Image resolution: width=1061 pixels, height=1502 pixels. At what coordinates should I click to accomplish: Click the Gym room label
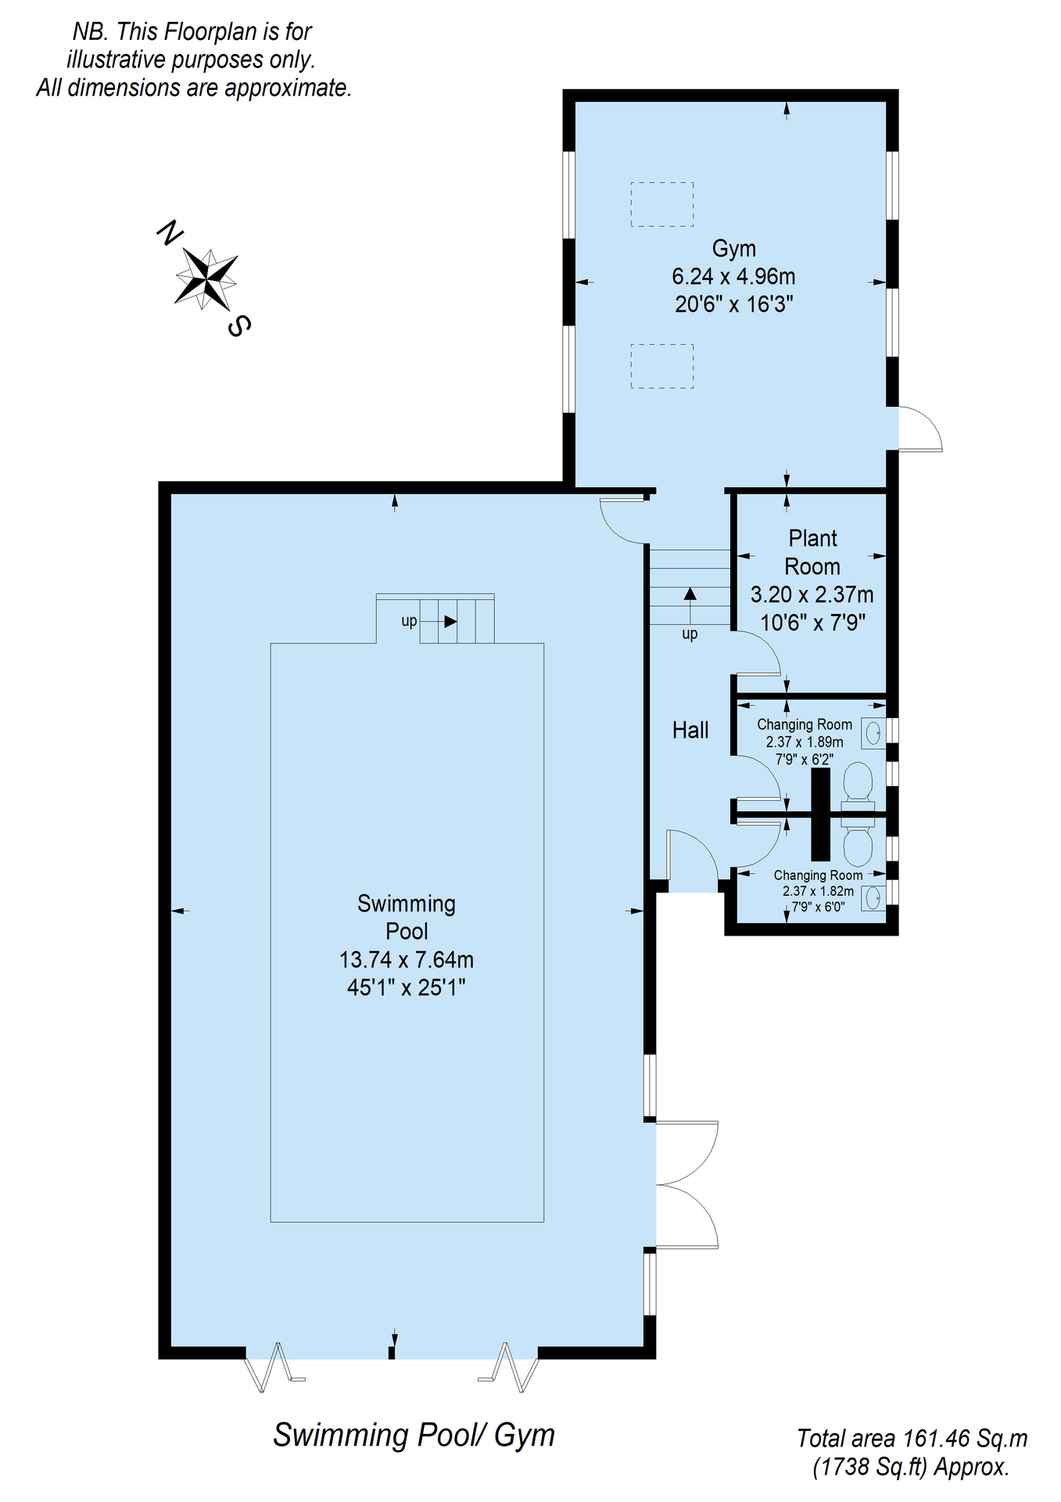coord(733,250)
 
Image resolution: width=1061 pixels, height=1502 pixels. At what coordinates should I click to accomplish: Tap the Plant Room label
coord(812,552)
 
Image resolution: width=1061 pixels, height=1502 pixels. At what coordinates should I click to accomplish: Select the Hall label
coord(690,731)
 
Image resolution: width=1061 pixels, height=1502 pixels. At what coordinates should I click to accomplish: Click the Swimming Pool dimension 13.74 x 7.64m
coord(407,960)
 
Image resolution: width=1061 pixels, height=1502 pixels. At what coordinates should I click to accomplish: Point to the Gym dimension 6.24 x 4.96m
coord(733,276)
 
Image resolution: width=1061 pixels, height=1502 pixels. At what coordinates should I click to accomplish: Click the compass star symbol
coord(206,278)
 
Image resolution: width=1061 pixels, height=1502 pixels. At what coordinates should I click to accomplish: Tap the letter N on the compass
coord(170,232)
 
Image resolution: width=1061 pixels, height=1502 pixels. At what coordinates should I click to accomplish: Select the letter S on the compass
coord(239,325)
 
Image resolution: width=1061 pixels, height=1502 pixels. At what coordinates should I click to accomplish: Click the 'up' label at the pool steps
coord(409,621)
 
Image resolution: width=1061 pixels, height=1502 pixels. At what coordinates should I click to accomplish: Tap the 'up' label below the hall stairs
coord(690,634)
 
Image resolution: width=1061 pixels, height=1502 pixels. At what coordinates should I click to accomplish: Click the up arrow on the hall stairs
coord(690,606)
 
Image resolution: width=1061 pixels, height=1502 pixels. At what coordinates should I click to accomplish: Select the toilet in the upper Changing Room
coord(857,785)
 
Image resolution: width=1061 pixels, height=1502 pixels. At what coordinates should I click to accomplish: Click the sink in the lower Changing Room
coord(873,897)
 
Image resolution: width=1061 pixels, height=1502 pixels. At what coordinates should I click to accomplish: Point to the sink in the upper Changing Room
coord(873,733)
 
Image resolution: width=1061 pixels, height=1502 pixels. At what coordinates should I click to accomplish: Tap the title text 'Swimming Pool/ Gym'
coord(414,1436)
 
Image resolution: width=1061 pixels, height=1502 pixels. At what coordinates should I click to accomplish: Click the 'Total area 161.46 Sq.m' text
coord(912,1438)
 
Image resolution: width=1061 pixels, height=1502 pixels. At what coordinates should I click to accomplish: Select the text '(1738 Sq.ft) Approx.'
coord(912,1467)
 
